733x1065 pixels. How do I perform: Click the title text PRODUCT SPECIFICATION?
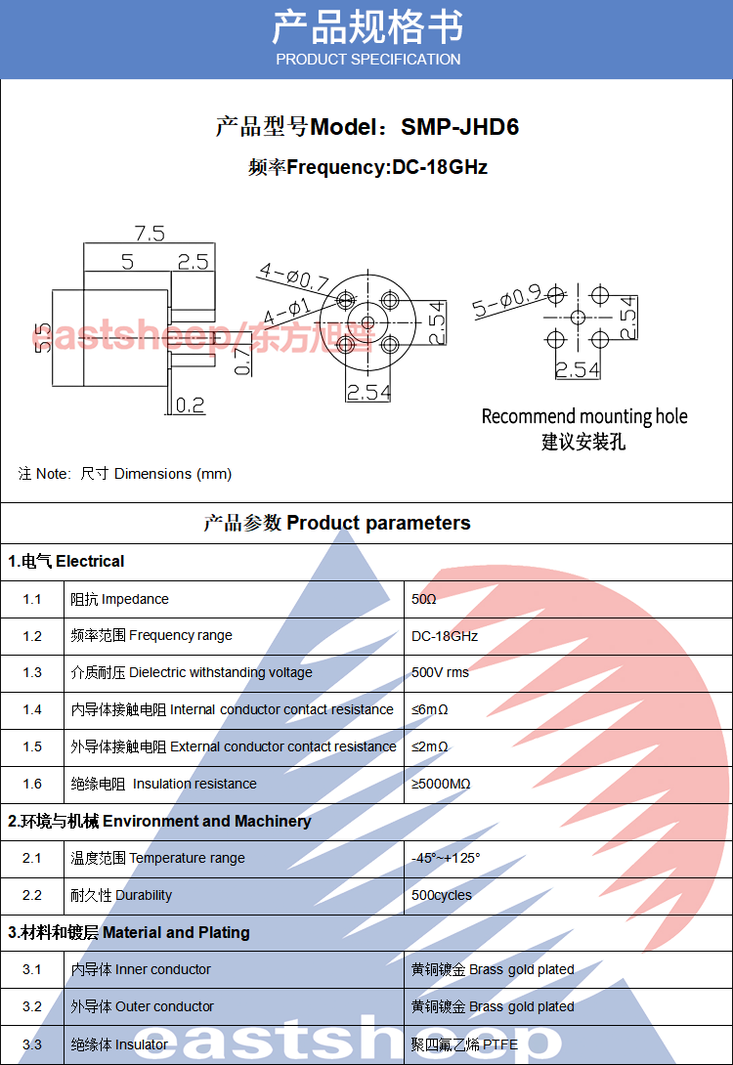click(x=367, y=60)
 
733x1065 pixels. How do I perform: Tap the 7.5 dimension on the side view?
click(x=150, y=234)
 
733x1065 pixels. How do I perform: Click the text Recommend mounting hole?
click(x=584, y=417)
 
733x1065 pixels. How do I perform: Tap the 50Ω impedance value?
click(x=424, y=599)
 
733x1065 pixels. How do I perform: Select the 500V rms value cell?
click(x=440, y=672)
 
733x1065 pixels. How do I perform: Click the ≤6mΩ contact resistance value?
click(x=430, y=709)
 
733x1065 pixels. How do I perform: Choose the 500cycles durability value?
click(x=442, y=895)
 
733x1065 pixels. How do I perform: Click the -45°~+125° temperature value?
click(x=447, y=858)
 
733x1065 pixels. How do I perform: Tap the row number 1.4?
click(x=32, y=709)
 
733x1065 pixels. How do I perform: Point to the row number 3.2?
click(x=32, y=1006)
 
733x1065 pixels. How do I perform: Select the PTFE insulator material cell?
click(x=465, y=1044)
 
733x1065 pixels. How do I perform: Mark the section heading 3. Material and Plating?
click(x=129, y=932)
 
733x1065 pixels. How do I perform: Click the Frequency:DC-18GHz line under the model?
click(x=367, y=167)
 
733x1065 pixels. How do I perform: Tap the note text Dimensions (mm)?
click(x=173, y=474)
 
